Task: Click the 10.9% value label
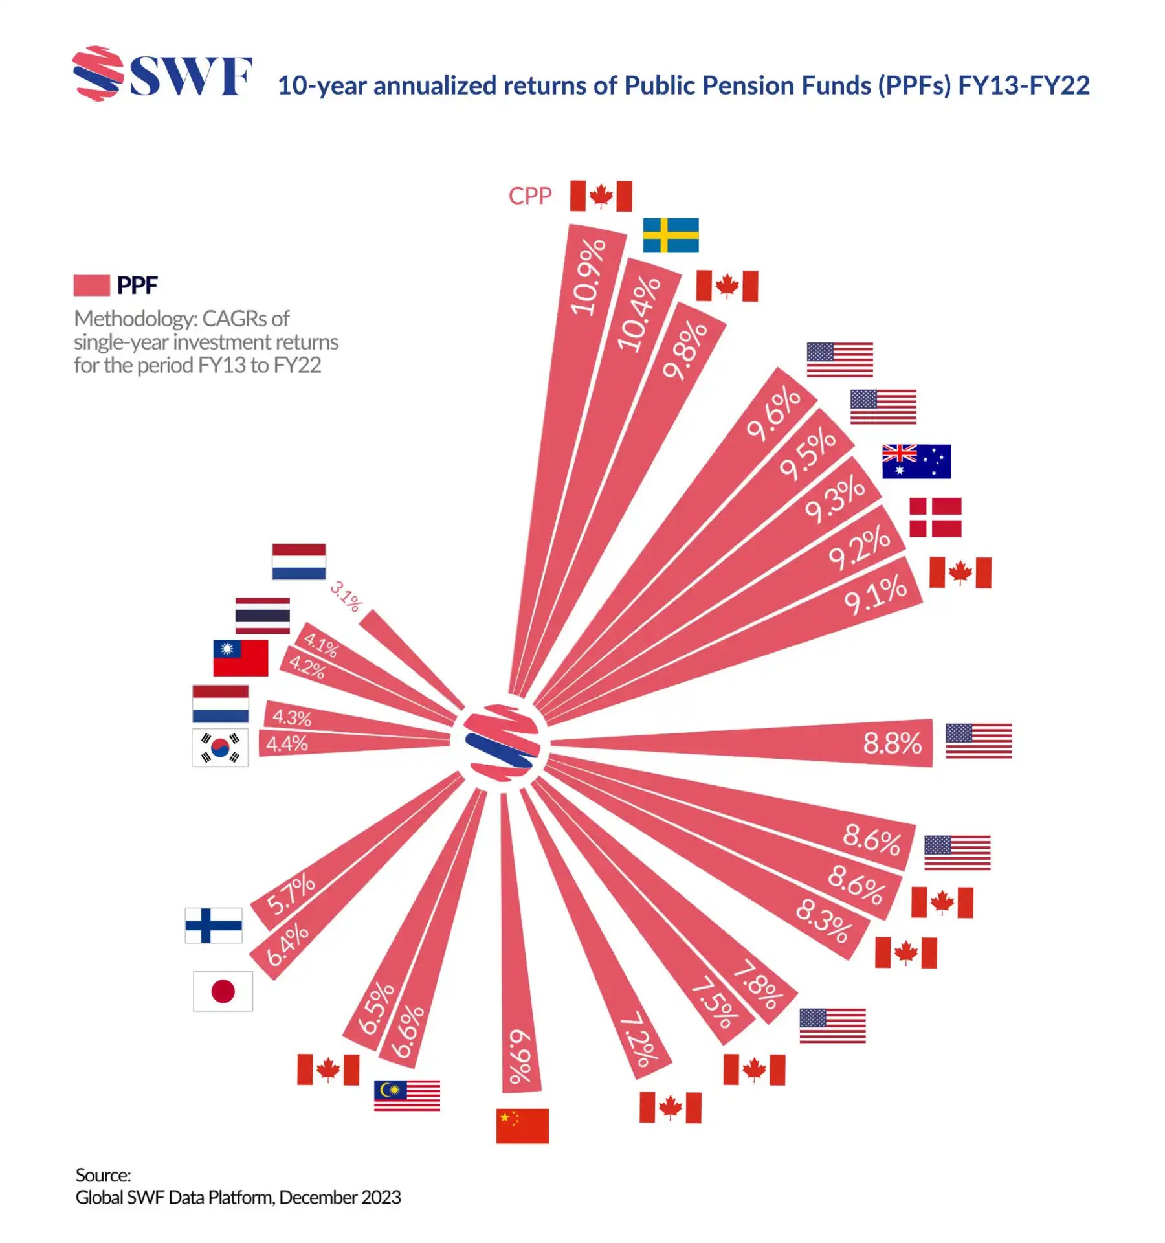(588, 276)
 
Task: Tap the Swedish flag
(671, 235)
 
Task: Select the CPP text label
(529, 196)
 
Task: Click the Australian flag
(916, 462)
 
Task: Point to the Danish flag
(935, 517)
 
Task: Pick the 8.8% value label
(892, 743)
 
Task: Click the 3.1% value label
(346, 596)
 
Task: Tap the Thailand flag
(262, 616)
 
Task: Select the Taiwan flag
(241, 658)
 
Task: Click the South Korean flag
(220, 748)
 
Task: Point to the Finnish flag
(214, 925)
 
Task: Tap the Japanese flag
(223, 991)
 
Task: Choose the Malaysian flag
(406, 1095)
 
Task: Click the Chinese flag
(522, 1126)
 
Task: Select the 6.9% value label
(519, 1057)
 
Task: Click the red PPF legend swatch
(91, 285)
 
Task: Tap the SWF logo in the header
(162, 74)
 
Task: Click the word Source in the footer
(103, 1174)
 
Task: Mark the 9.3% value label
(835, 498)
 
